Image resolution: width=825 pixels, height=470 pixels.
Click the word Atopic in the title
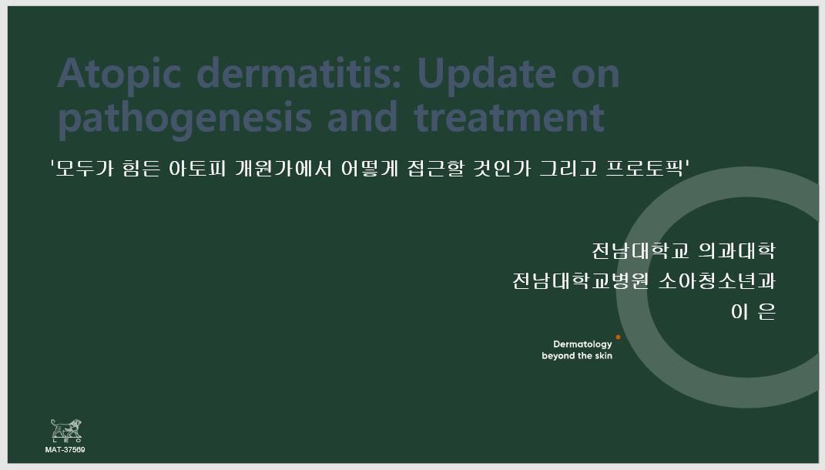119,75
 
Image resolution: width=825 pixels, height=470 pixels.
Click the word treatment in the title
509,118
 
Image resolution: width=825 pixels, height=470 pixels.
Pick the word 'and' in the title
363,117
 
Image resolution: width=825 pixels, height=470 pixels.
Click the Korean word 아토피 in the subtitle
196,169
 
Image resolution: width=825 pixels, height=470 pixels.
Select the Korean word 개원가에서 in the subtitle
283,169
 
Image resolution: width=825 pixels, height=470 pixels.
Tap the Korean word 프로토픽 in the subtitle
644,169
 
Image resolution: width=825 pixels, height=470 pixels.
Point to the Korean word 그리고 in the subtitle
568,169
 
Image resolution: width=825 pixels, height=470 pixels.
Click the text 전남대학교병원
580,280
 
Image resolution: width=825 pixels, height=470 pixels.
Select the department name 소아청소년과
717,280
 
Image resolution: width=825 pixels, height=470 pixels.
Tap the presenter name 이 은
753,311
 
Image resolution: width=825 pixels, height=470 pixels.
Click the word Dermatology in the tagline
582,344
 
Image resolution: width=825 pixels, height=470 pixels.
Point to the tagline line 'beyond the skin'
577,356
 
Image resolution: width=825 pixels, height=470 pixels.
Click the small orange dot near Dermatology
618,337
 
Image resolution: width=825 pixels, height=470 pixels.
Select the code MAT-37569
65,450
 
